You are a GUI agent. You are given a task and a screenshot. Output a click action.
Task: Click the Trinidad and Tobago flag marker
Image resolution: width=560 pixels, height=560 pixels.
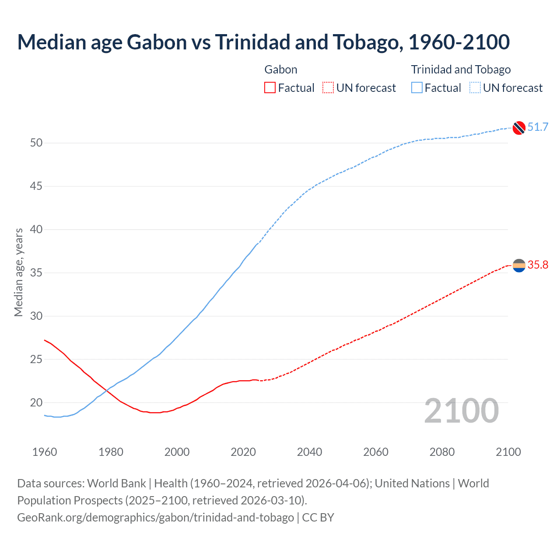point(519,128)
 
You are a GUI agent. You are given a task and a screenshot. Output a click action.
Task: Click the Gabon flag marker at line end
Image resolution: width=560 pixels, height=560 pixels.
point(519,265)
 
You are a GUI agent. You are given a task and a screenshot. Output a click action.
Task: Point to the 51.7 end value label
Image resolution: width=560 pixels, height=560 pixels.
point(538,127)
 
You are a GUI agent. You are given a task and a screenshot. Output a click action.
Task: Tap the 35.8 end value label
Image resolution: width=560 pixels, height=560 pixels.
point(538,265)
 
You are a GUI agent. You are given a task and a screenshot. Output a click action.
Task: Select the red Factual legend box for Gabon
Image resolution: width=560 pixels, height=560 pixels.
point(270,88)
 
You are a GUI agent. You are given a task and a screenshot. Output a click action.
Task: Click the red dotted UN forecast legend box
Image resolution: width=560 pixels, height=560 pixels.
point(328,88)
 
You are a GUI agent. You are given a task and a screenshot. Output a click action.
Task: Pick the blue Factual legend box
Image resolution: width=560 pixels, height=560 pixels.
point(417,88)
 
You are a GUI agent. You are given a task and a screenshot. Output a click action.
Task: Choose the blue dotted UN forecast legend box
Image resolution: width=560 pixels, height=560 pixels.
point(475,88)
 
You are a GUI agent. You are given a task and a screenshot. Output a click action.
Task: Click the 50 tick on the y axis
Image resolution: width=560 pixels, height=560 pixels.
point(36,143)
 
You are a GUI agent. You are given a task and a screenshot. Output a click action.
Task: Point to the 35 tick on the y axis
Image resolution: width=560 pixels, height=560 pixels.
point(36,273)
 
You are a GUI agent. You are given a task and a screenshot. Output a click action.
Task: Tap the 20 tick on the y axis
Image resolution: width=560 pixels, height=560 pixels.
point(36,402)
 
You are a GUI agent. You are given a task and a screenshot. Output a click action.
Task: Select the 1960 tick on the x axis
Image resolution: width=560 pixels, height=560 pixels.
point(45,452)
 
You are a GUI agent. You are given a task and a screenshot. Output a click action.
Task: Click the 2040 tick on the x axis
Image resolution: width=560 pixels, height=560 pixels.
point(309,452)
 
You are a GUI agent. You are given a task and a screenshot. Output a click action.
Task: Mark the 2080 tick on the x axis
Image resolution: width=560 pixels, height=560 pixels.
point(442,452)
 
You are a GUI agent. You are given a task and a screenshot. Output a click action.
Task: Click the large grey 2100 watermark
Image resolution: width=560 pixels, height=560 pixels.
point(461,411)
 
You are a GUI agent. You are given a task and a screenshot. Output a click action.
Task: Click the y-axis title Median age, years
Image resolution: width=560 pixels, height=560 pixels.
point(18,272)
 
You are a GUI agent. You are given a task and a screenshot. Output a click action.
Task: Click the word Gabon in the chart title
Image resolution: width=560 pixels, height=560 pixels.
point(157,42)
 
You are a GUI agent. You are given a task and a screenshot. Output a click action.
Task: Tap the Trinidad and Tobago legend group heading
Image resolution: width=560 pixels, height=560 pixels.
point(461,70)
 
